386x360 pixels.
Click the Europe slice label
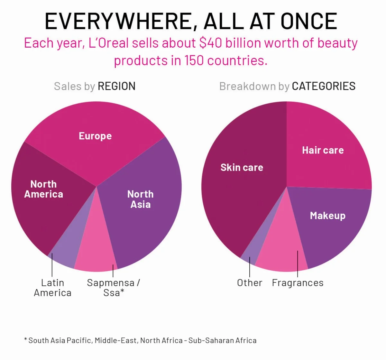click(x=95, y=136)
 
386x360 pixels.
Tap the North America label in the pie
click(x=43, y=189)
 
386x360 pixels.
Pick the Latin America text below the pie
click(x=52, y=288)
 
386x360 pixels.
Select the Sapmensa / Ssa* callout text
click(x=114, y=288)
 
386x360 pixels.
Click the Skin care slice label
click(x=242, y=167)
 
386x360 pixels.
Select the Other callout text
click(x=250, y=283)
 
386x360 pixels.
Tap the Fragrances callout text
click(x=298, y=283)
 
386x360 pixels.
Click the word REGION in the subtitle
click(x=116, y=86)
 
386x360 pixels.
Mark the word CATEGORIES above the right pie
click(x=324, y=86)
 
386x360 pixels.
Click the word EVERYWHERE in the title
click(x=117, y=21)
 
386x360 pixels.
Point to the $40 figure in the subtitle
click(x=210, y=43)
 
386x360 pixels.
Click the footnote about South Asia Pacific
click(x=140, y=340)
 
